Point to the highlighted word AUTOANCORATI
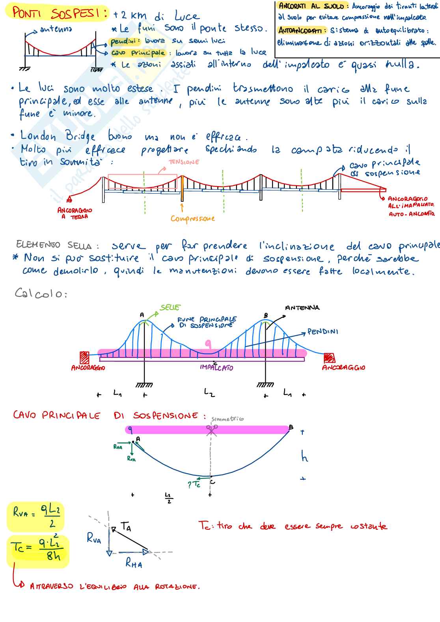[302, 30]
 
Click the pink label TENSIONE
[184, 162]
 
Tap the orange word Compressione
[192, 218]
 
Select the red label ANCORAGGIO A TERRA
[75, 213]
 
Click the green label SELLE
[170, 307]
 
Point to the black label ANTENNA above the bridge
[302, 308]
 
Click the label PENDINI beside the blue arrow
[323, 331]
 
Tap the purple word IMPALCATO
[216, 367]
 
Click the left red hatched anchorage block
[84, 358]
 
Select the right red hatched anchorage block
[329, 358]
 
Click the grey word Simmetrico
[227, 419]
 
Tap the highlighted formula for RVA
[36, 516]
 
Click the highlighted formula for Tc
[37, 551]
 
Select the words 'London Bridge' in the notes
[58, 136]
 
